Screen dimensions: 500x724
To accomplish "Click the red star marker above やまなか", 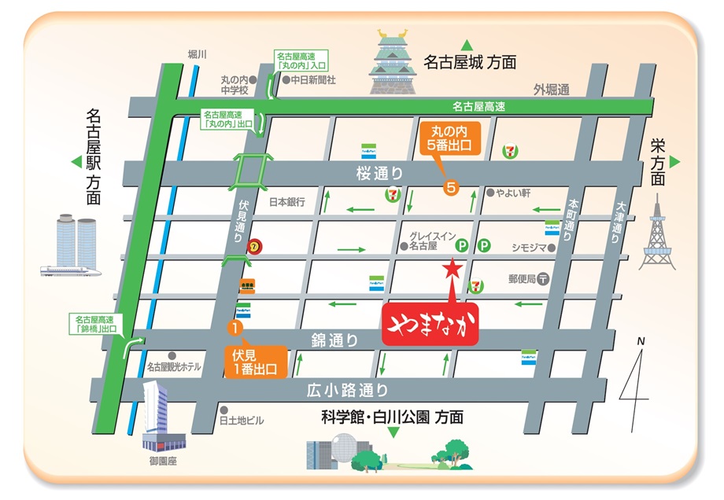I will click(x=452, y=268).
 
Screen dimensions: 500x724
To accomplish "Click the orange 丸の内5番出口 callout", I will click(x=449, y=144).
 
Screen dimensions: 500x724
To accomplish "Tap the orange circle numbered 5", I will click(x=451, y=187).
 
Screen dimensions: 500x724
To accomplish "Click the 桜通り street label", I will click(x=379, y=173).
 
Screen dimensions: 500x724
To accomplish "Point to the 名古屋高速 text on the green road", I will click(x=478, y=106).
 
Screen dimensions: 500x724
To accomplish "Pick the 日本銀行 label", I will click(x=286, y=201).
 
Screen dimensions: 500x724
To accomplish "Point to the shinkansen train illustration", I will click(x=72, y=270).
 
